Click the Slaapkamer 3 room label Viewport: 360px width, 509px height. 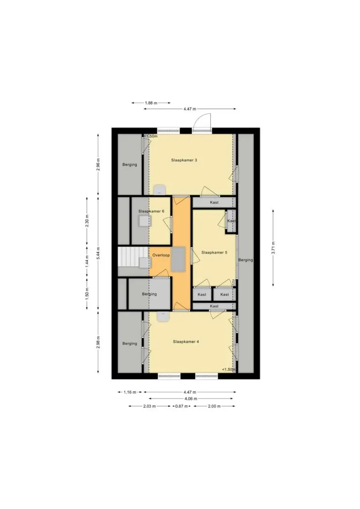(184, 160)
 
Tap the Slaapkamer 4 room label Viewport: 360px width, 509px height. (186, 342)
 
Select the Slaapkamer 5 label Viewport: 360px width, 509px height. (214, 252)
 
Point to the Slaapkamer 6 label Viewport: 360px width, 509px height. (151, 211)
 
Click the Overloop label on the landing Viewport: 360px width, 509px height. (161, 255)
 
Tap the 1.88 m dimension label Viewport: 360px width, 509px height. (151, 103)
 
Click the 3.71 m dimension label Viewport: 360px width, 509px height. (273, 248)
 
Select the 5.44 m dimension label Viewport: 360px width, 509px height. (98, 254)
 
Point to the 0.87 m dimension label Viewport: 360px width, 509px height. (181, 406)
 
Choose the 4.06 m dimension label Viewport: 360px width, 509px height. (191, 399)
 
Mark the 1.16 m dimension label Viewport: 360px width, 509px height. (130, 392)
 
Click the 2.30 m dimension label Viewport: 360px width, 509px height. (87, 221)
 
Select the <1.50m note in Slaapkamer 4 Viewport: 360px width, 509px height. (229, 369)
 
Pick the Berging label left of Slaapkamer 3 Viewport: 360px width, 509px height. (129, 165)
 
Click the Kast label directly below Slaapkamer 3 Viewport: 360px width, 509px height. (214, 202)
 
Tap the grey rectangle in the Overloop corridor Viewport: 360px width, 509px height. (178, 259)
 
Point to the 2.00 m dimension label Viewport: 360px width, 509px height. (214, 406)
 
